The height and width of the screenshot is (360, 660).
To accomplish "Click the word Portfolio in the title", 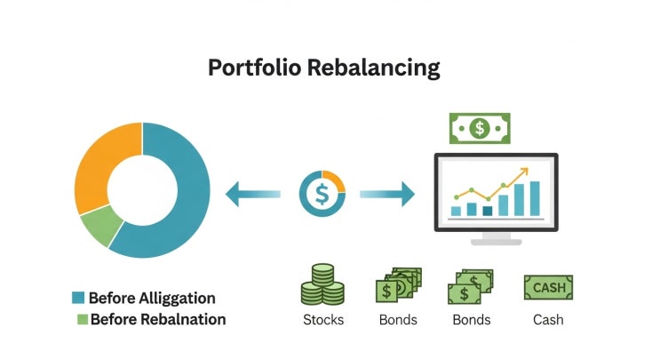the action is click(255, 68).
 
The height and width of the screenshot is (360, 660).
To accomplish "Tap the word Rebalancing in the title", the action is click(374, 68).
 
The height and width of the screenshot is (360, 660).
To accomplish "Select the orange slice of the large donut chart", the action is click(101, 164).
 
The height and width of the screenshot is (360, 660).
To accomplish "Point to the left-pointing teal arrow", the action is click(253, 194).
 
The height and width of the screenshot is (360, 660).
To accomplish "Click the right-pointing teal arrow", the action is click(387, 194).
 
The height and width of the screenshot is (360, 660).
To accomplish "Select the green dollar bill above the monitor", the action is click(480, 128).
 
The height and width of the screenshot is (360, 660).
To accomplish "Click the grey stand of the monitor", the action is click(497, 239).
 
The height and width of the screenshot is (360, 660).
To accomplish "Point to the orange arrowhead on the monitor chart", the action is click(523, 172).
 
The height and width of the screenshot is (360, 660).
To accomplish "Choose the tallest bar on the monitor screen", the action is click(535, 198).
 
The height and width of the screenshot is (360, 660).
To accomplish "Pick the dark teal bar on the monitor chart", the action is click(488, 211).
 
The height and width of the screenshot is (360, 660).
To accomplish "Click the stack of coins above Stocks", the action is click(322, 284).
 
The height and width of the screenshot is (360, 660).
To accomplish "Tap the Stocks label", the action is click(323, 320).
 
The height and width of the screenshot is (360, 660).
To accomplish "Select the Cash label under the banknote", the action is click(548, 320).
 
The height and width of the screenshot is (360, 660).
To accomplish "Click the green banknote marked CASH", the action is click(548, 288).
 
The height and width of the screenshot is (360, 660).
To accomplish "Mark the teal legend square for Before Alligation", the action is click(78, 298).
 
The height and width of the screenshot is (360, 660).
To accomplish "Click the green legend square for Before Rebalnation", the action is click(83, 319).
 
